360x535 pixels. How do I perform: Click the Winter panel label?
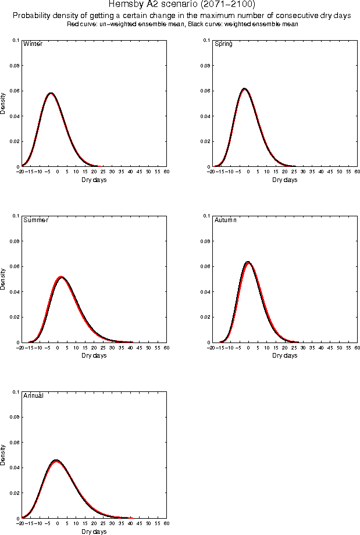32,44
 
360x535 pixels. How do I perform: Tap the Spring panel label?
224,44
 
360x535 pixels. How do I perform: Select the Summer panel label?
35,220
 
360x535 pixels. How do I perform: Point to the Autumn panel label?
226,220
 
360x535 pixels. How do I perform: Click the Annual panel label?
33,396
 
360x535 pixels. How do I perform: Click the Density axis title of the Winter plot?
3,104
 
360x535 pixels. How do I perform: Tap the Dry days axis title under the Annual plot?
94,532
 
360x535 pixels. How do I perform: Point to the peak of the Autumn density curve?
248,262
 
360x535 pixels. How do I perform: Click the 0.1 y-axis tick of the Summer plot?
16,216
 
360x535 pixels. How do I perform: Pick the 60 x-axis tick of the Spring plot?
357,172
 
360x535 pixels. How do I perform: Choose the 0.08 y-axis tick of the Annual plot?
14,417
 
